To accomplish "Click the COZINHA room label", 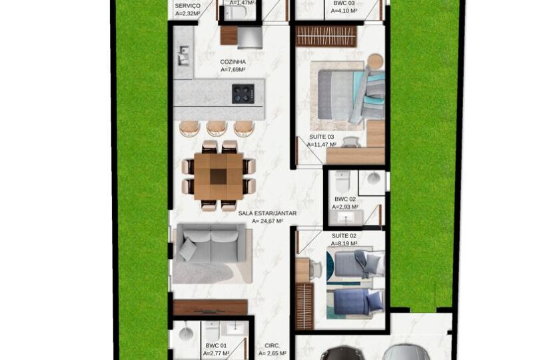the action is pos(233,62).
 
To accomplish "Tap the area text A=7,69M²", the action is pos(233,69).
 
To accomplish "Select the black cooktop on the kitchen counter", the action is pos(243,94).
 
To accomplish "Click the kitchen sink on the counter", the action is pos(183,57).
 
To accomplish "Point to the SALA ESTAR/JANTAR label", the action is pos(267,213).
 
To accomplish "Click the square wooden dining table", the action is pos(219,177).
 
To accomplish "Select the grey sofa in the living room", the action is pos(211,243).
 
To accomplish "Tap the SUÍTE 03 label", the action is pos(322,137).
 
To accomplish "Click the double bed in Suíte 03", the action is pos(351,94).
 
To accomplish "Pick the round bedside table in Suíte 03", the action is pos(375,61).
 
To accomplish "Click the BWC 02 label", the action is pos(345,199).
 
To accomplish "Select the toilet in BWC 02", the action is pos(340,181).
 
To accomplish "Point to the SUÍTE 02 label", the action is pos(344,236).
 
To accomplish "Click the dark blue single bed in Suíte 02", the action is pos(355,301).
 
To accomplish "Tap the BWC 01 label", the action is pos(216,346).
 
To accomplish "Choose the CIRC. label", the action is pos(272,346).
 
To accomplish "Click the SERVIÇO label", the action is pos(188,6).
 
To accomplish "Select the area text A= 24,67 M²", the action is pos(267,221).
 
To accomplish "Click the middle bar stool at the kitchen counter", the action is pos(216,128).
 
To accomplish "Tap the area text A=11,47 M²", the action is pos(322,145).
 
